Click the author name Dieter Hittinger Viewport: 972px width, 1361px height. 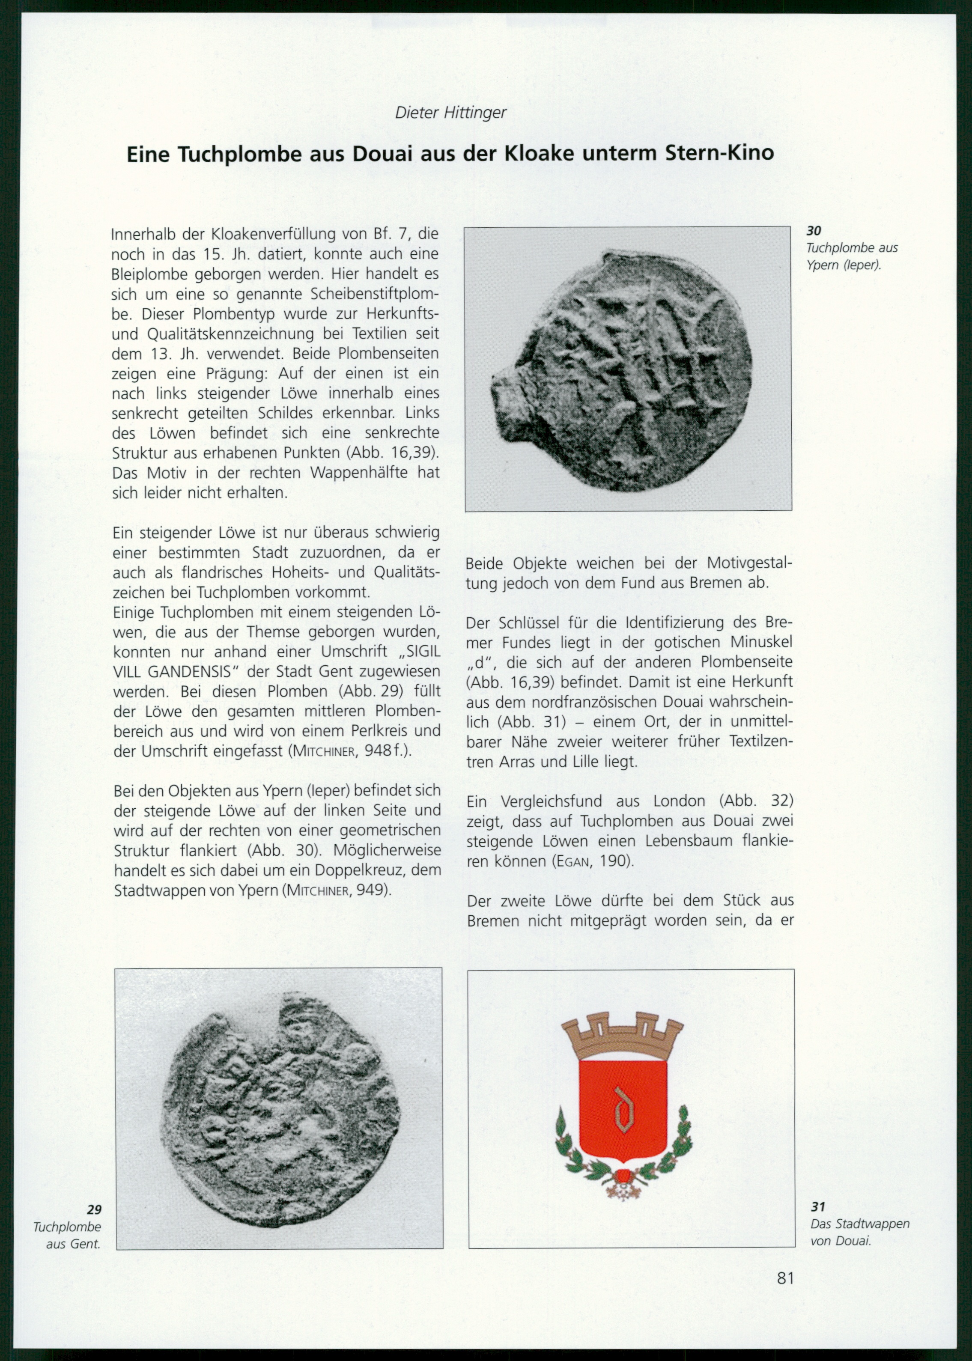tap(451, 113)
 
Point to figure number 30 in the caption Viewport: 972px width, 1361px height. tap(814, 230)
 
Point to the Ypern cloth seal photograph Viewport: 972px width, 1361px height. tap(628, 369)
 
